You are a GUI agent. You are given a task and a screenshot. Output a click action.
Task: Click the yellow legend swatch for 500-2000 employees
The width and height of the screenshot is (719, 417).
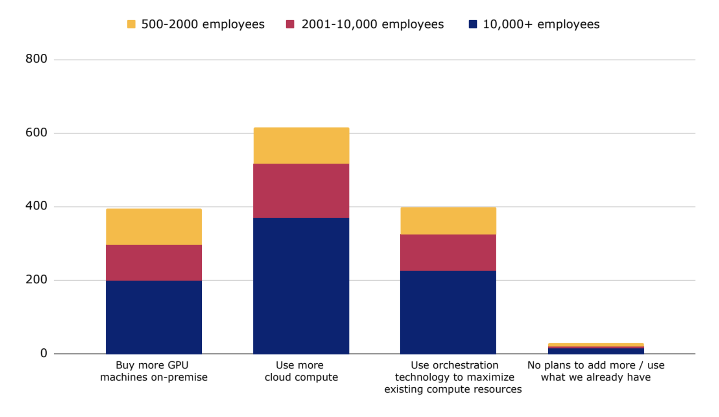pyautogui.click(x=131, y=24)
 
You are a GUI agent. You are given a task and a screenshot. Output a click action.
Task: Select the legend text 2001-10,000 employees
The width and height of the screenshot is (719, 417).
pyautogui.click(x=372, y=24)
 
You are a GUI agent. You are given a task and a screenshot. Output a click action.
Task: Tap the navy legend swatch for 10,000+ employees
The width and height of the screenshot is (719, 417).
pyautogui.click(x=473, y=24)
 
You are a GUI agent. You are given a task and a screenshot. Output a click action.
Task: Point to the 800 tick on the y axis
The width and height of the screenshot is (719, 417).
pyautogui.click(x=36, y=59)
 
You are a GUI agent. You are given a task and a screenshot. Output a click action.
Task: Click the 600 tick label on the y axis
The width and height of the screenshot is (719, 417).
pyautogui.click(x=36, y=133)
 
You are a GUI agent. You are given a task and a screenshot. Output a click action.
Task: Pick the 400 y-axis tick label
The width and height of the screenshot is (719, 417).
pyautogui.click(x=36, y=206)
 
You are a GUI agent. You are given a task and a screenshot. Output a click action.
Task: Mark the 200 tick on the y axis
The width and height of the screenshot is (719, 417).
pyautogui.click(x=36, y=280)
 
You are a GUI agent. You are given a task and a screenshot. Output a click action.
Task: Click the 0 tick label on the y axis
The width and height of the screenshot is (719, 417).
pyautogui.click(x=44, y=354)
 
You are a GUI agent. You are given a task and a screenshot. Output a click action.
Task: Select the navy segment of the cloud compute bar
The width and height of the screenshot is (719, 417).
pyautogui.click(x=301, y=285)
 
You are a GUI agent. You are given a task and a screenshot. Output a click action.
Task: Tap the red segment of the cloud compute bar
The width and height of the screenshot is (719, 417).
pyautogui.click(x=301, y=191)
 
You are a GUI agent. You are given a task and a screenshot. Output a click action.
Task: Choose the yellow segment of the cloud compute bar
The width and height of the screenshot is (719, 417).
pyautogui.click(x=301, y=146)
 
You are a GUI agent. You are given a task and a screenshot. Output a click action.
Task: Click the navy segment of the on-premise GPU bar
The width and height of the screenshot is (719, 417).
pyautogui.click(x=154, y=317)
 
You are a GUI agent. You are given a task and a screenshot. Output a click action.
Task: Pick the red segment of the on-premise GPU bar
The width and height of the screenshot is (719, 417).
pyautogui.click(x=154, y=262)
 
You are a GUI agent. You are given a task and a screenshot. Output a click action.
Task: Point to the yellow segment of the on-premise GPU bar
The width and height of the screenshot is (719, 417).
pyautogui.click(x=154, y=226)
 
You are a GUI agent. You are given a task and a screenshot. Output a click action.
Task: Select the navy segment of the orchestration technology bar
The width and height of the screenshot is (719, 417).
pyautogui.click(x=448, y=312)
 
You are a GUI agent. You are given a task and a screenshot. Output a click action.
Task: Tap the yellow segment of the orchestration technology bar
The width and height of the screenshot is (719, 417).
pyautogui.click(x=448, y=221)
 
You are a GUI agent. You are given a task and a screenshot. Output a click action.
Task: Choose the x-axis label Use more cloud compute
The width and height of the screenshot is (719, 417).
pyautogui.click(x=301, y=371)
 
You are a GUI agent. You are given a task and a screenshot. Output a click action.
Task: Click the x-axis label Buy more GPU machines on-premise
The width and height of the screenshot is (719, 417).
pyautogui.click(x=154, y=371)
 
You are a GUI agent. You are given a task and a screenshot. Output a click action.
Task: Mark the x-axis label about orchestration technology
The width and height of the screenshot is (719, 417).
pyautogui.click(x=453, y=377)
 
